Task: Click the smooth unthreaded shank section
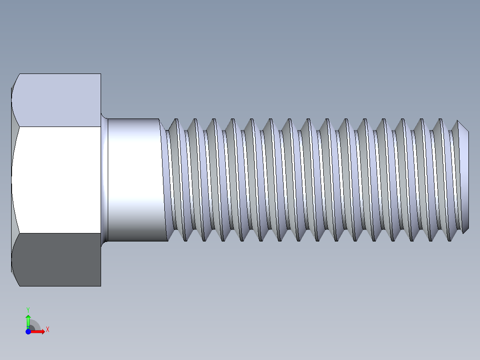pyautogui.click(x=134, y=179)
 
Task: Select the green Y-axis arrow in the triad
pyautogui.click(x=28, y=321)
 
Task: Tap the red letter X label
pyautogui.click(x=47, y=330)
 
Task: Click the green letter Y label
pyautogui.click(x=28, y=309)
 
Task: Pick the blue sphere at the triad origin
pyautogui.click(x=28, y=331)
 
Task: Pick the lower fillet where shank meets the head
pyautogui.click(x=104, y=242)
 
